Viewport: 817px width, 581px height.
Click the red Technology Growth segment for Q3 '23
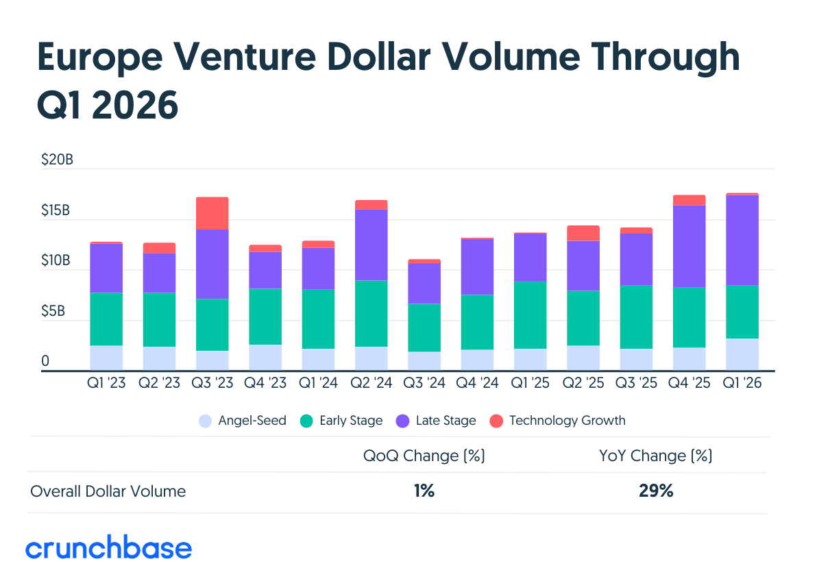click(x=212, y=213)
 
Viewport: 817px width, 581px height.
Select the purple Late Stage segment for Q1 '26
click(x=742, y=240)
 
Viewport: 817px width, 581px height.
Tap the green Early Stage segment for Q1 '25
click(x=530, y=315)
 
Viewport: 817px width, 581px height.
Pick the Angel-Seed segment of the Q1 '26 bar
click(x=742, y=355)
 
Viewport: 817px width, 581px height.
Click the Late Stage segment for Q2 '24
click(x=371, y=245)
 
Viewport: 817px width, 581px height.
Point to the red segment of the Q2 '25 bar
click(x=583, y=234)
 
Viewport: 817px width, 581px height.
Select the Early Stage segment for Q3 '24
click(x=424, y=327)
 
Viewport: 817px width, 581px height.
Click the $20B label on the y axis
click(x=58, y=160)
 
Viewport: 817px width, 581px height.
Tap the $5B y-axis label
click(x=53, y=311)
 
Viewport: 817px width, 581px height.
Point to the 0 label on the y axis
click(x=45, y=361)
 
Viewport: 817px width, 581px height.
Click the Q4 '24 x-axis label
click(x=477, y=383)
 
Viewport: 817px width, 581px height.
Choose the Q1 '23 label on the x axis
click(x=106, y=383)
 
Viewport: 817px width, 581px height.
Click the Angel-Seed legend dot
click(x=206, y=421)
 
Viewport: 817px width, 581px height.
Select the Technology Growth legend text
click(x=568, y=421)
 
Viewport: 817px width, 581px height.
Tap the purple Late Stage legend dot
click(x=403, y=421)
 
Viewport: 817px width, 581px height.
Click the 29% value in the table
click(x=656, y=491)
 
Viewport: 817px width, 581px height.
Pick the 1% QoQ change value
click(x=424, y=491)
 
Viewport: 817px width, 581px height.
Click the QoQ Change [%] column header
click(x=424, y=456)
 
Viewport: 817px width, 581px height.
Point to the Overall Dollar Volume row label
click(x=108, y=491)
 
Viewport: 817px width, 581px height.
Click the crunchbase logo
click(x=108, y=547)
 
